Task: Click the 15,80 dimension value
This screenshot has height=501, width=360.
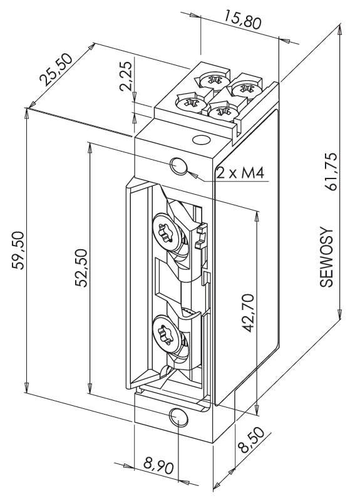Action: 242,19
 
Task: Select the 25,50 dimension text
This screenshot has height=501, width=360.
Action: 56,70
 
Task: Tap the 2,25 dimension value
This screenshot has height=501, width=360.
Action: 126,76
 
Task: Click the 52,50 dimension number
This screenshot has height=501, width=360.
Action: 80,268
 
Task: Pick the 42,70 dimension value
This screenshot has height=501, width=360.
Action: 248,314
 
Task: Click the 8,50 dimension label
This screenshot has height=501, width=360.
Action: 252,440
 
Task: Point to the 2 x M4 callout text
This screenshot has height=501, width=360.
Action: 240,173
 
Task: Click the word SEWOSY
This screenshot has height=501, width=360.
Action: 326,257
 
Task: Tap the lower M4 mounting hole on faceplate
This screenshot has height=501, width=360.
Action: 179,417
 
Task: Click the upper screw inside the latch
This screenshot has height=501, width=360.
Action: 167,232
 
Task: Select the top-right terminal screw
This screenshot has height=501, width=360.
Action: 245,88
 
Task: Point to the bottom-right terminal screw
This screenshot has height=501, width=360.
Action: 221,111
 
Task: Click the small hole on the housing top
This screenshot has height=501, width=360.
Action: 201,140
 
